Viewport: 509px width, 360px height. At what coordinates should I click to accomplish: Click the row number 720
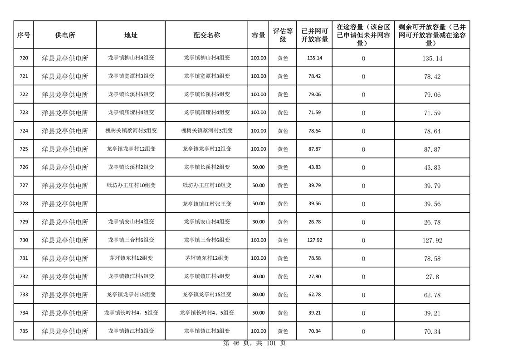click(x=24, y=58)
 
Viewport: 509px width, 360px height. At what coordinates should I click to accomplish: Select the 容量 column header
click(x=259, y=35)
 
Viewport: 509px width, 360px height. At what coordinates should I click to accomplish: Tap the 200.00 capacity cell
click(x=259, y=58)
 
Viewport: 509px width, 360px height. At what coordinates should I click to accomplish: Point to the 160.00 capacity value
click(x=259, y=240)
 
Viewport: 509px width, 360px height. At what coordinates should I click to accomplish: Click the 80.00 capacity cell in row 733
click(x=259, y=295)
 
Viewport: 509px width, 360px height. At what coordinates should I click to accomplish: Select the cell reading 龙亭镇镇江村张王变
click(x=207, y=204)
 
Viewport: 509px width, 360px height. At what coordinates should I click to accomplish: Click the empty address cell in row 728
click(x=131, y=204)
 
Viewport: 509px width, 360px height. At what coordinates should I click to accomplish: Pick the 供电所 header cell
click(x=65, y=35)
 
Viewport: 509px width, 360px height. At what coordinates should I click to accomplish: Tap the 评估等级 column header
click(x=283, y=35)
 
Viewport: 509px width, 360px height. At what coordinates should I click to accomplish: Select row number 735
click(x=24, y=331)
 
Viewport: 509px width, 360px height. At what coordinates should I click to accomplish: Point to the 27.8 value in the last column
click(x=432, y=276)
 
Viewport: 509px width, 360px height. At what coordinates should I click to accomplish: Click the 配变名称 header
click(x=207, y=35)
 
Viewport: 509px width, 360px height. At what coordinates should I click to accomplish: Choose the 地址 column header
click(x=131, y=35)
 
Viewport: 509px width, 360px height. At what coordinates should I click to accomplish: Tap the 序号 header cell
click(x=24, y=35)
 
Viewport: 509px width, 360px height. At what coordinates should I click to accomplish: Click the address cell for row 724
click(x=131, y=131)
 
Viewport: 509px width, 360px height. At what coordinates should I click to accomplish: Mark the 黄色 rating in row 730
click(x=283, y=240)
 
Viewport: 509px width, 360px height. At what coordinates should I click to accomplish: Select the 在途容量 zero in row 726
click(x=363, y=168)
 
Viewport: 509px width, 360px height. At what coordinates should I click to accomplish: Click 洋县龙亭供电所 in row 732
click(x=65, y=276)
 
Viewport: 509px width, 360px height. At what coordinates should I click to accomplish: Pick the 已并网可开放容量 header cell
click(x=314, y=35)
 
